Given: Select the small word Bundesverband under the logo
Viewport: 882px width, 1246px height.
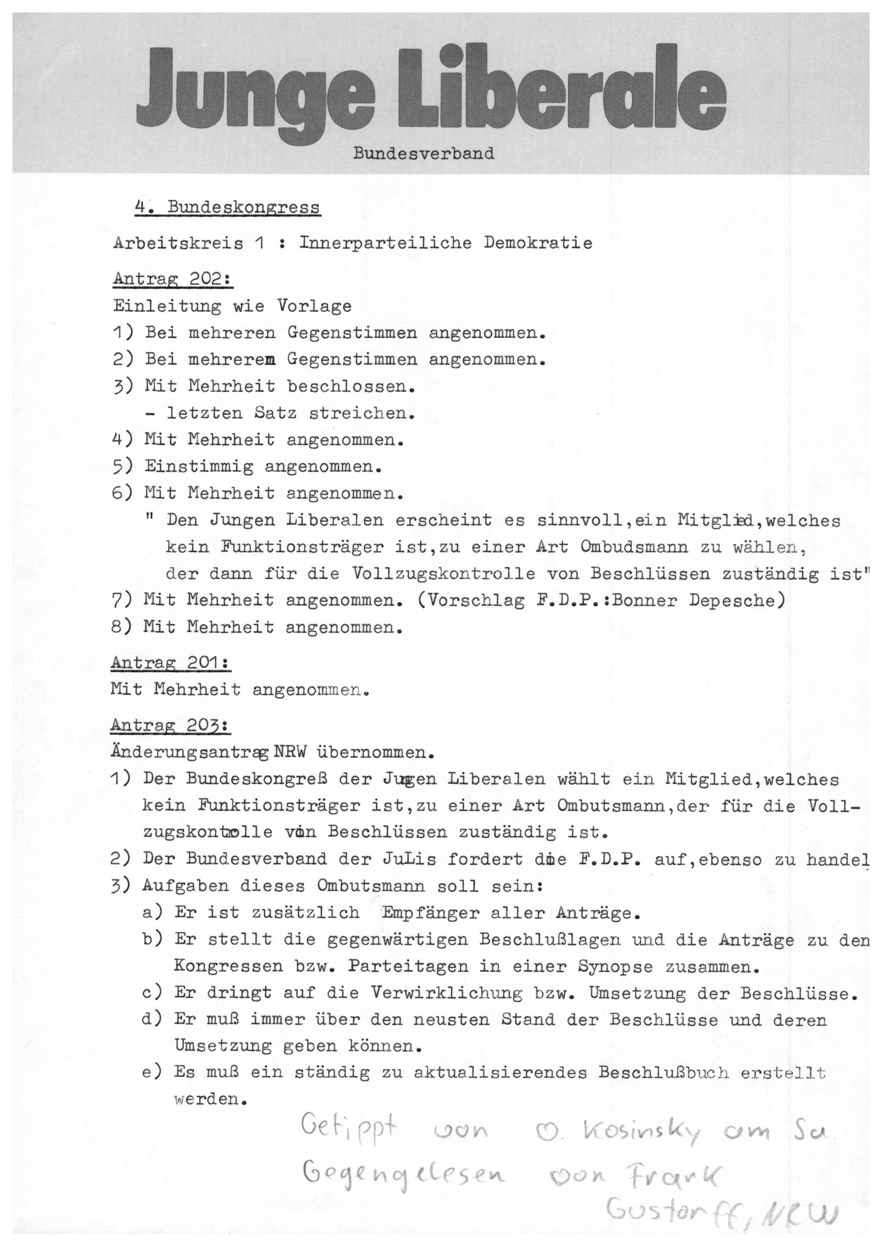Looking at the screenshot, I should point(424,154).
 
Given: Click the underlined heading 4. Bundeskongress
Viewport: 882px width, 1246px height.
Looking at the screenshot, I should point(228,208).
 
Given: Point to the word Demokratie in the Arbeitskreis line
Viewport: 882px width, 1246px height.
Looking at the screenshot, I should point(538,243).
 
